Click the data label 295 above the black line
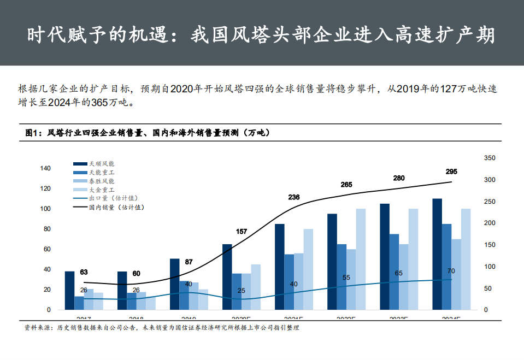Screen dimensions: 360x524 coord(451,171)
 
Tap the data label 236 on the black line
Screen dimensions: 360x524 coord(294,197)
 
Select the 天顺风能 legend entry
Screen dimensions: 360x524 coord(102,163)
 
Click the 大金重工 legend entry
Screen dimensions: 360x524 coord(102,190)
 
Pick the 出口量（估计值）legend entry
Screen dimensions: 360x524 coord(112,198)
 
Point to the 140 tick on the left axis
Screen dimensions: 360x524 coord(45,168)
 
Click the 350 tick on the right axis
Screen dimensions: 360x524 coord(490,158)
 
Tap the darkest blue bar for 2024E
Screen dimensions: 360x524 coord(437,254)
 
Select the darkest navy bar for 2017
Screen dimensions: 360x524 coord(69,290)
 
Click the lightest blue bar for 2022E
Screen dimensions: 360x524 coord(361,259)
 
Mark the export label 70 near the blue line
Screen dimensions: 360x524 coord(451,271)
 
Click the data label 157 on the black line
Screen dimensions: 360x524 coord(242,232)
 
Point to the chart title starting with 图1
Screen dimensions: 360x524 coord(148,133)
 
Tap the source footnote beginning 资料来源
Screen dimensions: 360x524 coord(162,328)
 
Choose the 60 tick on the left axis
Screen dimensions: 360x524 coord(46,249)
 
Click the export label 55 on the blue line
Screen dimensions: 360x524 coord(346,278)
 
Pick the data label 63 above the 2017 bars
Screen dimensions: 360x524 coord(84,272)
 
